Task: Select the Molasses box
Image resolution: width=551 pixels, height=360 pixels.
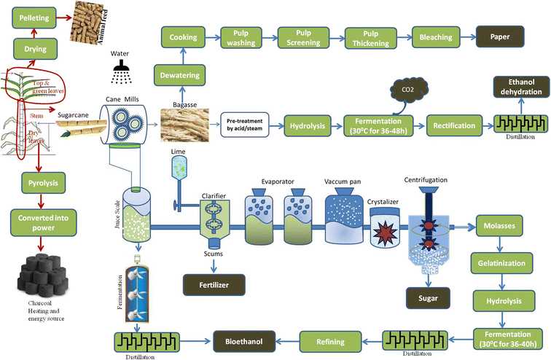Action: [x=503, y=226]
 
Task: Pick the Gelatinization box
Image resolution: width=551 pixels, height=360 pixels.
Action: [x=503, y=261]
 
